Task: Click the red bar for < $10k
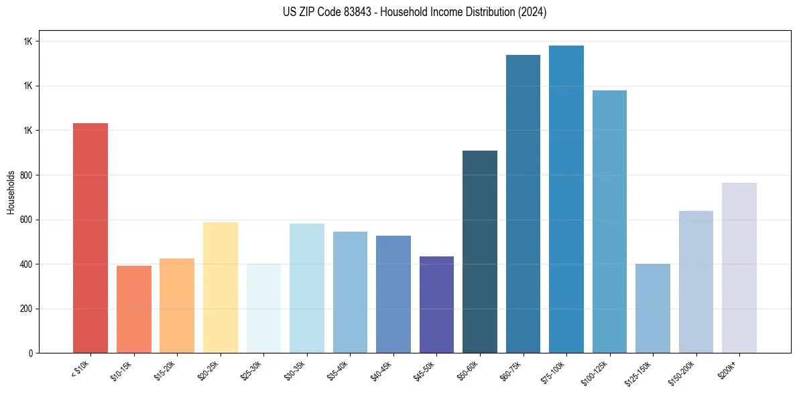coord(90,238)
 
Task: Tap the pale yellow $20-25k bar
coord(221,287)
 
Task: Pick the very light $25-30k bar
coord(263,309)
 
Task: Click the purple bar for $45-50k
coord(436,305)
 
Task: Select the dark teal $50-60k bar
coord(480,252)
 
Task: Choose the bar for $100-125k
coord(609,222)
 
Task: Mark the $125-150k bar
coord(653,309)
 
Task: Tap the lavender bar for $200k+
coord(739,268)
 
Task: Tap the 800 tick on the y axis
coord(27,175)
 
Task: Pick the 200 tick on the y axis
coord(27,309)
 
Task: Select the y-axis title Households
coord(11,191)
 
